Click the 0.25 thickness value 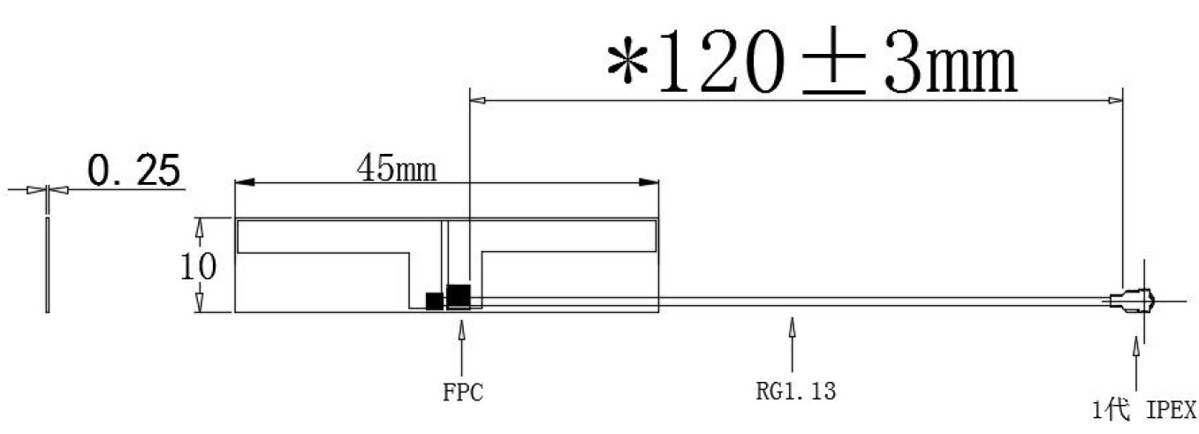tap(133, 171)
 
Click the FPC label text tap(463, 392)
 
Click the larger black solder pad tap(459, 295)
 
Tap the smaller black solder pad tap(434, 301)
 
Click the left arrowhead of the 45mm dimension tap(245, 182)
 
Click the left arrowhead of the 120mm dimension tap(478, 100)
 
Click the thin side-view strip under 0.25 tap(47, 264)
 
